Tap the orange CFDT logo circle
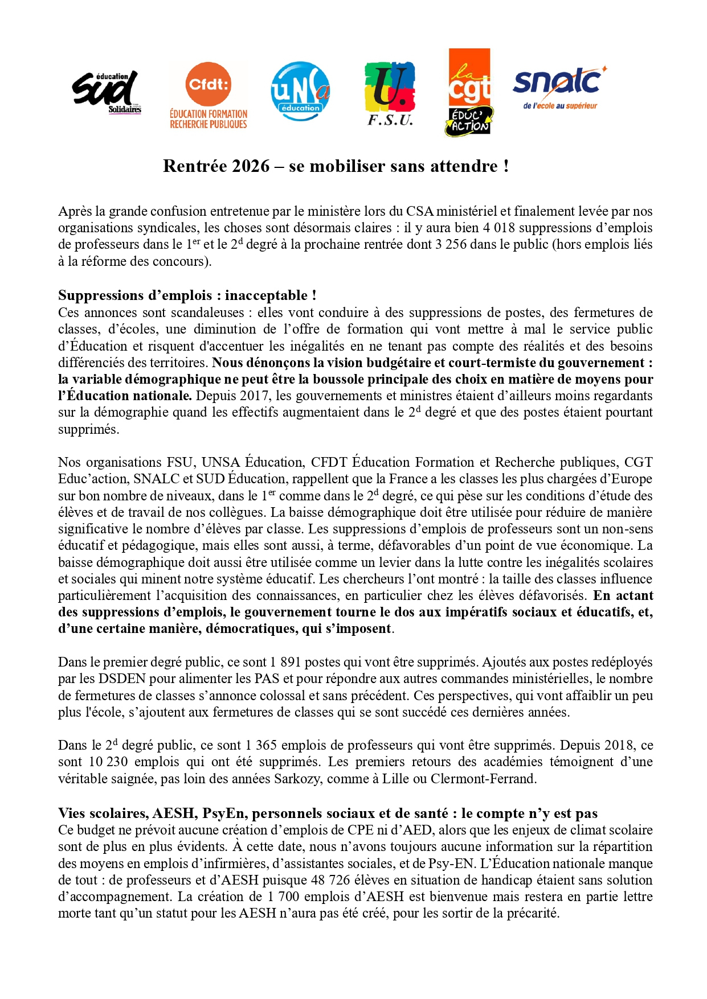coord(209,84)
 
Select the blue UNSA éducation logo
coord(300,91)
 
